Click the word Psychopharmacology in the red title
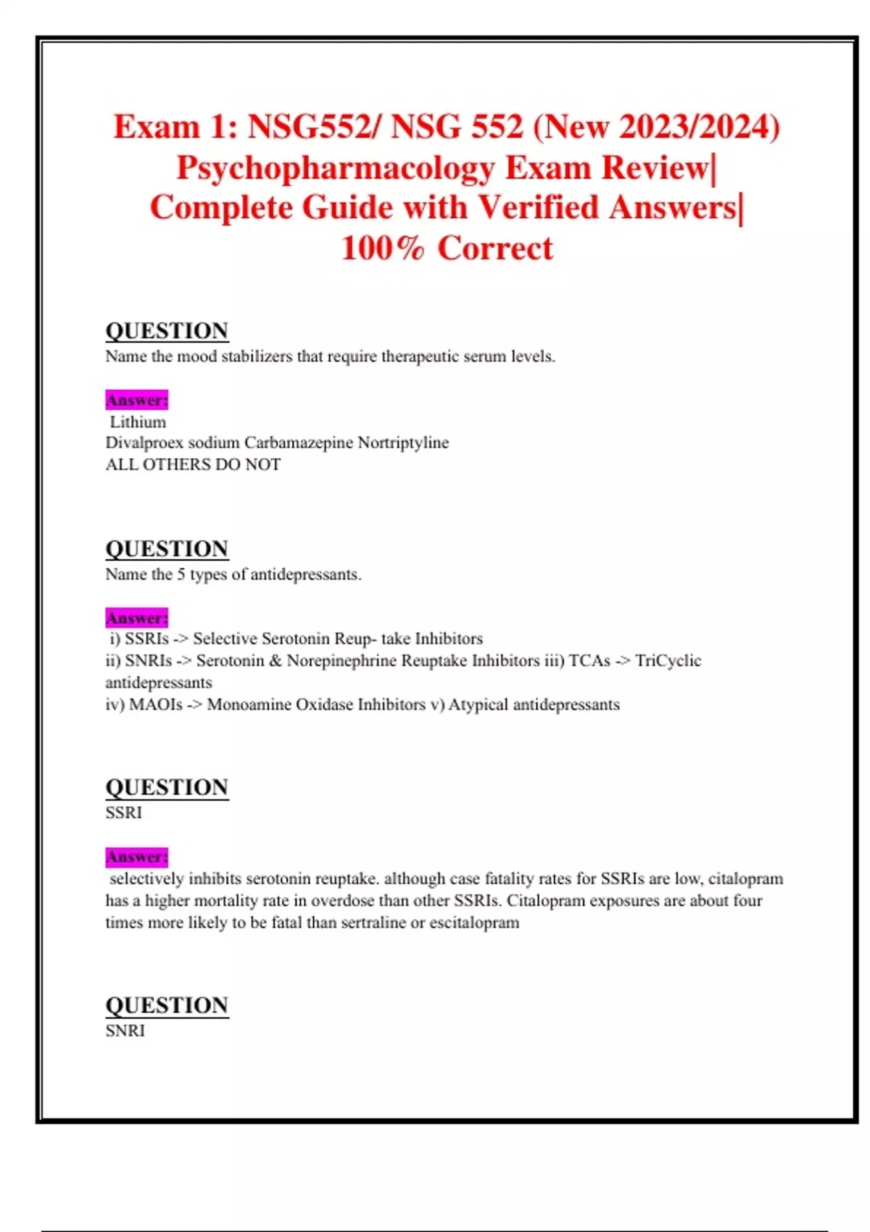pyautogui.click(x=335, y=168)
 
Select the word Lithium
pyautogui.click(x=138, y=422)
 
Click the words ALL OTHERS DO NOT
pyautogui.click(x=193, y=465)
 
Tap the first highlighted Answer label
pyautogui.click(x=136, y=400)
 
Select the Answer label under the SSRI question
pyautogui.click(x=136, y=857)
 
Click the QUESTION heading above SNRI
pyautogui.click(x=167, y=1005)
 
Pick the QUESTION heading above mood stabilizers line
pyautogui.click(x=167, y=330)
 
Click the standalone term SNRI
pyautogui.click(x=125, y=1031)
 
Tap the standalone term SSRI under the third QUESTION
pyautogui.click(x=123, y=812)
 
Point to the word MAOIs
pyautogui.click(x=155, y=704)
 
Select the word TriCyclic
pyautogui.click(x=668, y=661)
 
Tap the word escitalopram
pyautogui.click(x=474, y=923)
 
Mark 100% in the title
pyautogui.click(x=382, y=249)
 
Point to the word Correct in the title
pyautogui.click(x=495, y=249)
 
